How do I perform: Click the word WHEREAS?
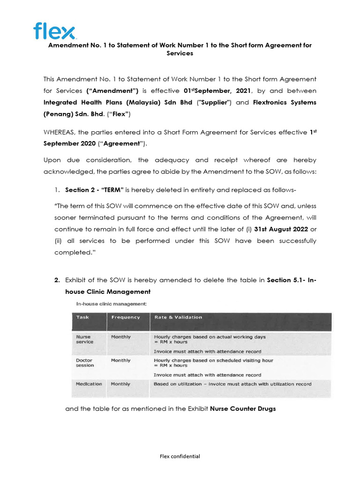point(62,132)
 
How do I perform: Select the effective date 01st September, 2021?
point(218,90)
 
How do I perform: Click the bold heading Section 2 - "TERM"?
point(94,189)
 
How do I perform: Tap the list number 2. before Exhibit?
point(57,280)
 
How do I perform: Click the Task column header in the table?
point(82,317)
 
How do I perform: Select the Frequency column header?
point(125,317)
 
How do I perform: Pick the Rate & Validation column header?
point(178,317)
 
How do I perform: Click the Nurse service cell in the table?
point(85,339)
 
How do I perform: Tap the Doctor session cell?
point(85,363)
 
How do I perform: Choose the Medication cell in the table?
point(89,384)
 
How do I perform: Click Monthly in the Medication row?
point(120,384)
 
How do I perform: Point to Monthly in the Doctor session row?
point(120,360)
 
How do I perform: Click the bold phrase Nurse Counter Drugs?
point(243,409)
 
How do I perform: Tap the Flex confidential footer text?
point(180,457)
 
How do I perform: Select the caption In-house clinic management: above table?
point(112,304)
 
